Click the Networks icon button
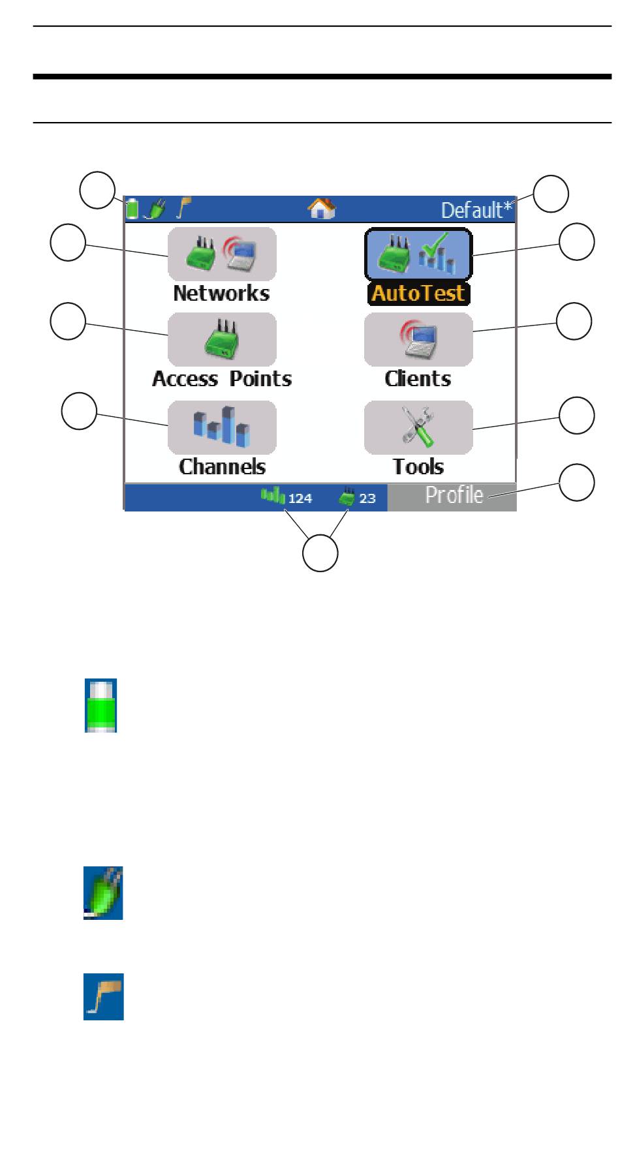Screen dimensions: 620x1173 (x=222, y=254)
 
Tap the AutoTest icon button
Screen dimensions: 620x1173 (x=418, y=254)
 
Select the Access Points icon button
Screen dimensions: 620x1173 (x=222, y=339)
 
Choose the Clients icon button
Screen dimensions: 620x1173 (x=418, y=339)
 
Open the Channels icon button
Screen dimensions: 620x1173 (x=222, y=427)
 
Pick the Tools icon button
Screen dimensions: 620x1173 (x=418, y=427)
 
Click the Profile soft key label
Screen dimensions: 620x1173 (x=454, y=496)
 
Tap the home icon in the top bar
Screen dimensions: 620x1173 (x=322, y=209)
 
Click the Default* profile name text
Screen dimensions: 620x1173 (x=477, y=210)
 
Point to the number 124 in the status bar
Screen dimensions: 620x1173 (x=300, y=499)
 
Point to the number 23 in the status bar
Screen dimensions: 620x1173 (x=367, y=499)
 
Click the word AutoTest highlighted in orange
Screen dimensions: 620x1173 (x=418, y=294)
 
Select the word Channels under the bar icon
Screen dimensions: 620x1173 (x=222, y=466)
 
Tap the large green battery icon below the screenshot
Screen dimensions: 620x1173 (x=101, y=705)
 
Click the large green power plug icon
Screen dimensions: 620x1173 (x=103, y=892)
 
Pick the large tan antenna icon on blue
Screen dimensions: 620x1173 (x=103, y=997)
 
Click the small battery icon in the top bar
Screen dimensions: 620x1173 (x=132, y=209)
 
